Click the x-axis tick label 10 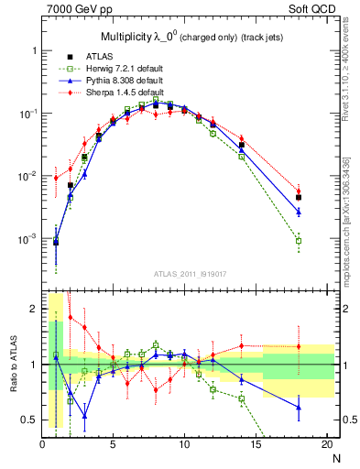[x=184, y=445]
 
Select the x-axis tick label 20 [x=326, y=445]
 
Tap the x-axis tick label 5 [x=113, y=445]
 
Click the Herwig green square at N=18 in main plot [x=299, y=241]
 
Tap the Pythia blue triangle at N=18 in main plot [x=299, y=212]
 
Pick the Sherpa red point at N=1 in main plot [x=56, y=178]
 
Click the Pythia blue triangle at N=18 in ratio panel [x=299, y=408]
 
